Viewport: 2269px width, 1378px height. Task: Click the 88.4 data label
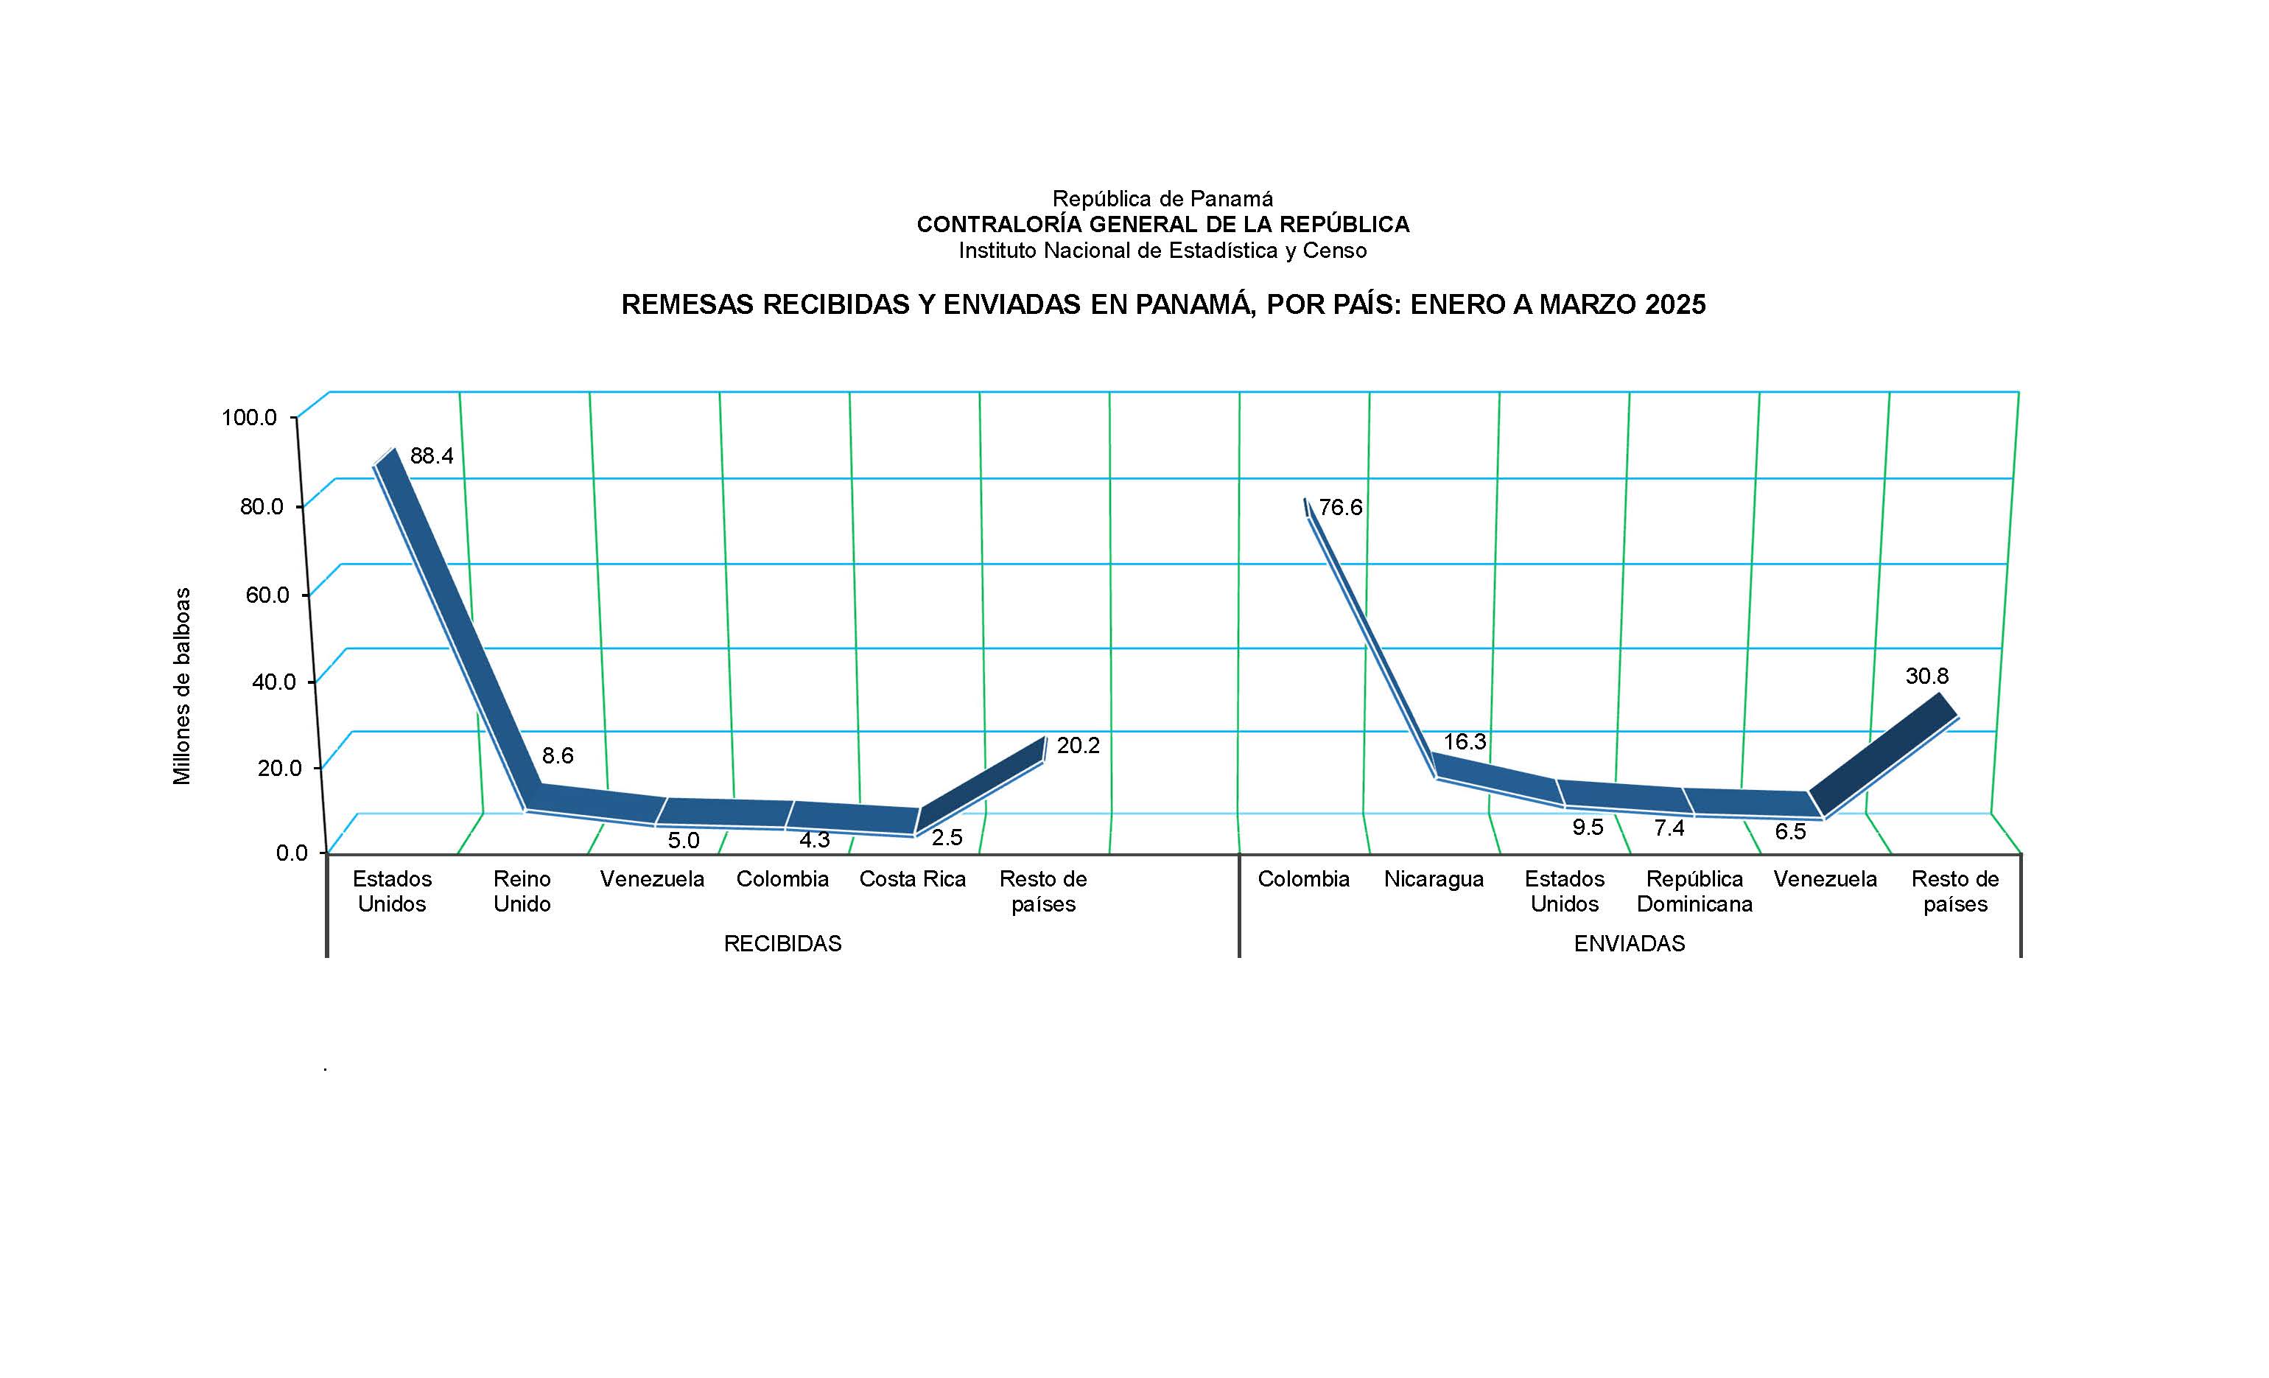click(x=431, y=456)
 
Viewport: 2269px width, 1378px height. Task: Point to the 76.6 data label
click(x=1340, y=508)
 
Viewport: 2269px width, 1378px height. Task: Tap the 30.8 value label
click(x=1926, y=676)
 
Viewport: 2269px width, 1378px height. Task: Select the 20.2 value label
click(x=1077, y=745)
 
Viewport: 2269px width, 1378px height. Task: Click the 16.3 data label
click(x=1465, y=741)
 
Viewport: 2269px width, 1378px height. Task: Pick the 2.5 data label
click(x=947, y=837)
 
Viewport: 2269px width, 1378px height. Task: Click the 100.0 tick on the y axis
click(x=249, y=417)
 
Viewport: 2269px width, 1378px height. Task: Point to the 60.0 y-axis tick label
click(x=267, y=594)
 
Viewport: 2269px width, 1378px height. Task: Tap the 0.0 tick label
click(x=292, y=853)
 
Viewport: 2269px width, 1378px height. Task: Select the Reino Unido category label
click(x=522, y=891)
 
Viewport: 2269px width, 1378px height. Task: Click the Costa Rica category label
click(x=912, y=878)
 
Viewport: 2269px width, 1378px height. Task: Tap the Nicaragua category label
click(x=1433, y=878)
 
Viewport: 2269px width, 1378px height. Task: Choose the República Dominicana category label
click(x=1694, y=891)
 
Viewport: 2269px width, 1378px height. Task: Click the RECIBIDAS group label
click(x=782, y=943)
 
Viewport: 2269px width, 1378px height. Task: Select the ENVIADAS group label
click(x=1629, y=943)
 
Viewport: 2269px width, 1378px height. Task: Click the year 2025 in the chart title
click(x=1675, y=305)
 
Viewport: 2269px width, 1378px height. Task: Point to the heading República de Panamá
click(x=1162, y=198)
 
